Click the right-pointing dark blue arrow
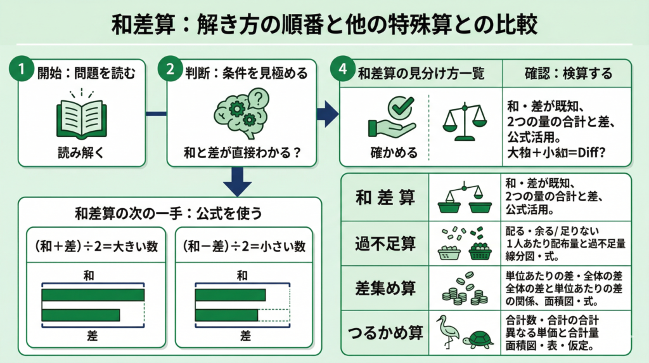pos(327,114)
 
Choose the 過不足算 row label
pos(385,242)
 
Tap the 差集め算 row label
pos(385,288)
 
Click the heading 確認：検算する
pos(566,74)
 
